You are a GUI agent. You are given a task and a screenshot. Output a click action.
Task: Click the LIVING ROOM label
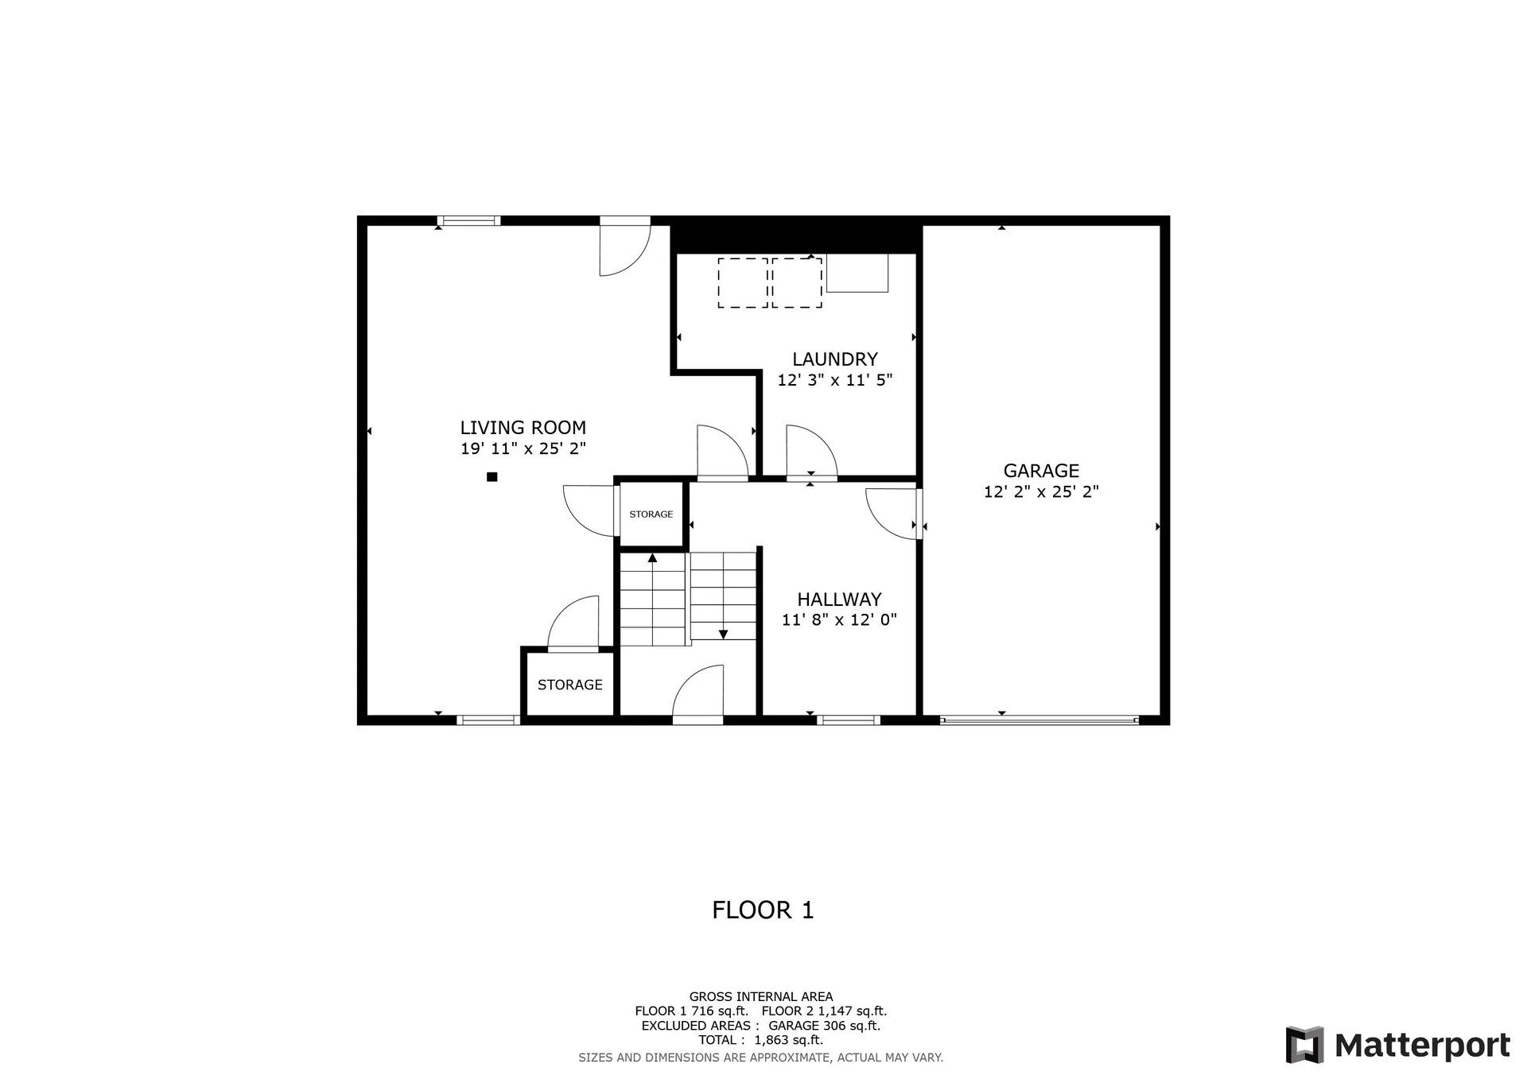(x=523, y=428)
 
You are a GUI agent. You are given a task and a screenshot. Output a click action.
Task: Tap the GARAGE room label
(x=1041, y=471)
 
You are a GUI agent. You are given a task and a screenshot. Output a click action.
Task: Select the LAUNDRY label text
(x=834, y=359)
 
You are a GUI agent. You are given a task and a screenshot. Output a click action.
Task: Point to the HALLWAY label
(x=839, y=600)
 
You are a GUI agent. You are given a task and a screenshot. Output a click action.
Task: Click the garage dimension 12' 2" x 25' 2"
(x=1041, y=492)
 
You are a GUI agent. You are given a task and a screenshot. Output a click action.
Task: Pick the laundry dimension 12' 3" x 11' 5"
(x=834, y=380)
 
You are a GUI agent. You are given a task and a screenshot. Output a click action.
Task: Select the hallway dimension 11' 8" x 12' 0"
(x=839, y=620)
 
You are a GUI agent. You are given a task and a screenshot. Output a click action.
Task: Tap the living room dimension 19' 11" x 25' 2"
(x=523, y=448)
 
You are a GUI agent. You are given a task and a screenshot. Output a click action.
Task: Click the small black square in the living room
(x=492, y=477)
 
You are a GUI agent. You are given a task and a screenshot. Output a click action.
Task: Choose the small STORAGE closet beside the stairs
(x=651, y=514)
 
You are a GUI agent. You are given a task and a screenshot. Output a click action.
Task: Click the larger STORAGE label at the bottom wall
(x=569, y=685)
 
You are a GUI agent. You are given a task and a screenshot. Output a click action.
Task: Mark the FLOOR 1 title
(x=763, y=910)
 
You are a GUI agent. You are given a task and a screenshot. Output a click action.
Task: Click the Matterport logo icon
(x=1304, y=1045)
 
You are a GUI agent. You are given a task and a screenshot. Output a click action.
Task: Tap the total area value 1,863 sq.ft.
(x=788, y=1040)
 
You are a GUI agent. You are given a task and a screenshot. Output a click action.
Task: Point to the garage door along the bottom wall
(x=1039, y=720)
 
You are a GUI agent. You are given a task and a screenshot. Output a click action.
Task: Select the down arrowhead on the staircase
(x=723, y=635)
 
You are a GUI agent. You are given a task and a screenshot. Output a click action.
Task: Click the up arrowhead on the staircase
(x=652, y=558)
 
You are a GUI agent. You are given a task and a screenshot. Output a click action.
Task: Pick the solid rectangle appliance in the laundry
(x=857, y=273)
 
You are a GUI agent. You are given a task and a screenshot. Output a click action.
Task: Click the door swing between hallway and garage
(x=891, y=513)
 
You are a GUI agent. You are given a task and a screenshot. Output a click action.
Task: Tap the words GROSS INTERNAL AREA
(x=761, y=996)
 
